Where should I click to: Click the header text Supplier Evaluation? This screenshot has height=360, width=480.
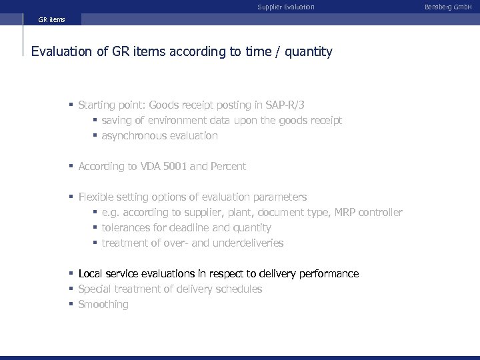click(x=285, y=7)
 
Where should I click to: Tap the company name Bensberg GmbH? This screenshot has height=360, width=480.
click(x=453, y=7)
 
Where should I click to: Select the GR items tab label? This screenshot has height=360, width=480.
click(x=51, y=21)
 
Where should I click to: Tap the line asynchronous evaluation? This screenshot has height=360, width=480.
click(x=159, y=136)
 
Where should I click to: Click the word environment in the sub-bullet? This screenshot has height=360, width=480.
click(x=175, y=121)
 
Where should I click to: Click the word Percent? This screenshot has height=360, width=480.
click(x=228, y=167)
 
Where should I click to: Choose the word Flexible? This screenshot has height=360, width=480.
click(x=97, y=197)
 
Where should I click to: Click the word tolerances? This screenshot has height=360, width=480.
click(x=127, y=228)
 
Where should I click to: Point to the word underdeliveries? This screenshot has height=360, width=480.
click(x=248, y=243)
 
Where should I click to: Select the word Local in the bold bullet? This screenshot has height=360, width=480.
click(x=91, y=274)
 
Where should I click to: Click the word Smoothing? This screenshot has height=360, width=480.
click(x=103, y=305)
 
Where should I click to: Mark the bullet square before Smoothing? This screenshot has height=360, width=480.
click(x=71, y=305)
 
